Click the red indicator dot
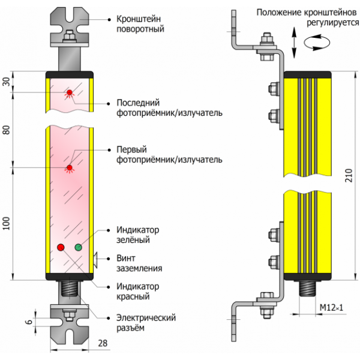tap(61, 247)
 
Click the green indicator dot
tap(78, 247)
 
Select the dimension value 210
tap(347, 175)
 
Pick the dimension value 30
tap(8, 82)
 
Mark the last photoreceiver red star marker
tap(70, 92)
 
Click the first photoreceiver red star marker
tap(70, 167)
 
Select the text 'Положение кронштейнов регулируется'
tap(303, 17)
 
